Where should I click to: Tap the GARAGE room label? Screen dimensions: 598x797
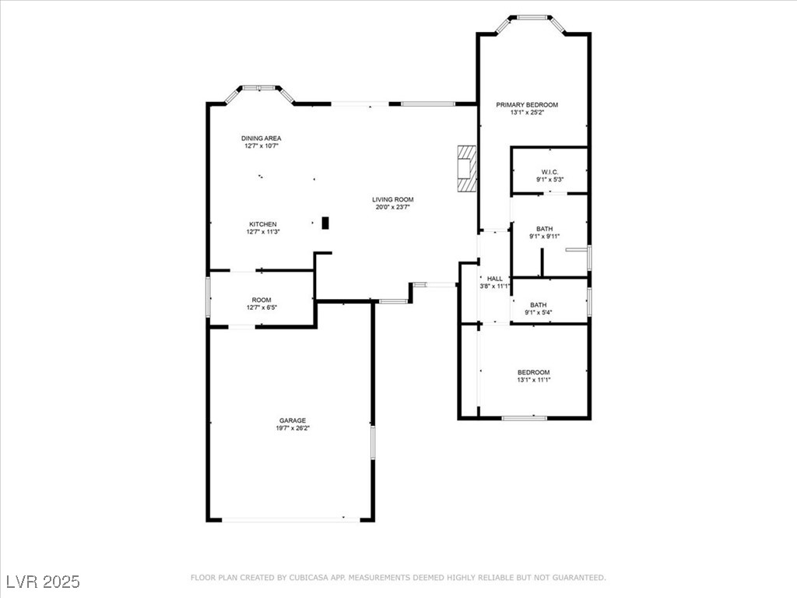[293, 420]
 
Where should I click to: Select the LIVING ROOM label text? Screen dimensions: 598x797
[393, 199]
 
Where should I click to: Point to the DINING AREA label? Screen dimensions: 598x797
[261, 139]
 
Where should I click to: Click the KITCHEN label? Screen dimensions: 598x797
[262, 224]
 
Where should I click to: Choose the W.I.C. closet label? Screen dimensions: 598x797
[549, 172]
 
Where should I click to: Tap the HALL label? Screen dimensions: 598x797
[494, 278]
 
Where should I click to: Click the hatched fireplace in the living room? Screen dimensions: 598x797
[465, 168]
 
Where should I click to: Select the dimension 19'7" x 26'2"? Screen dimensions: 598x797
[293, 428]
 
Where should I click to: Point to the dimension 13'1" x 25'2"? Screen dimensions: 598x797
[527, 113]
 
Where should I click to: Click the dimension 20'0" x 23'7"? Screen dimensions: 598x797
[393, 207]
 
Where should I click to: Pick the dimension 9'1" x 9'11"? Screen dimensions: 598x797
[545, 237]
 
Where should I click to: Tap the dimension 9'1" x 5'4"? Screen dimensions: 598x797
[538, 313]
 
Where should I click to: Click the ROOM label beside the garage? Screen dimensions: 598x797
[261, 300]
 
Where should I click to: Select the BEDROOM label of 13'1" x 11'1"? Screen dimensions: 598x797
[533, 372]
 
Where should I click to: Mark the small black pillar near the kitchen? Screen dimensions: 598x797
[325, 223]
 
